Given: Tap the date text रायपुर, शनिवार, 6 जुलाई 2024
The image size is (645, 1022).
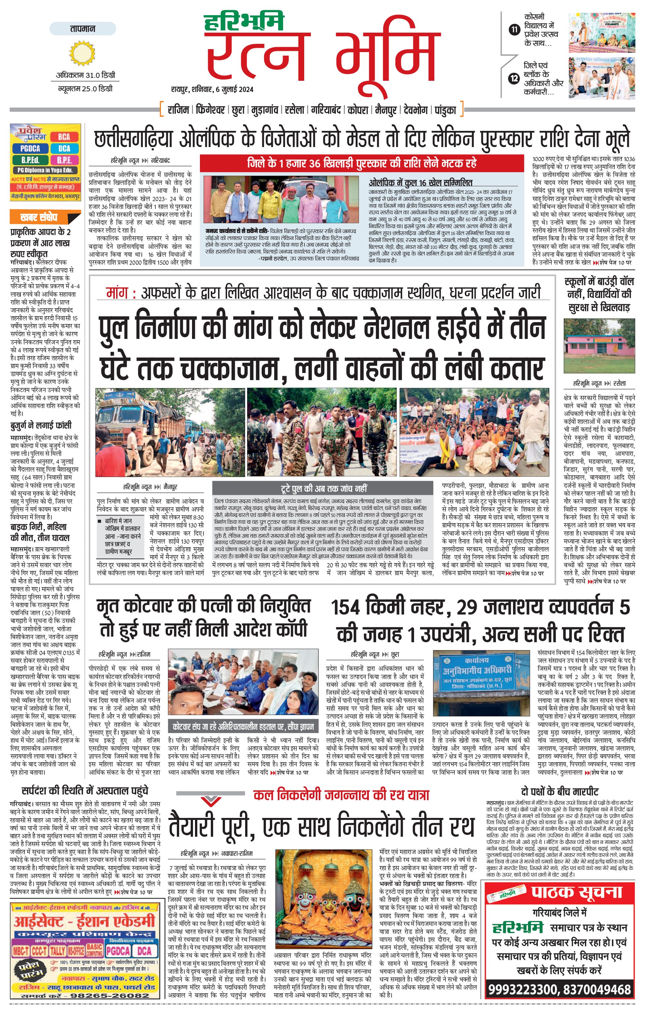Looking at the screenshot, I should tap(212, 90).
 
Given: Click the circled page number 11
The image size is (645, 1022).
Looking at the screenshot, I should tap(515, 30).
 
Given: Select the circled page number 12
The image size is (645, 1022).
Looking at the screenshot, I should tap(515, 78).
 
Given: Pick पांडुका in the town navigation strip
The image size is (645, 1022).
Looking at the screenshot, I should tap(445, 110).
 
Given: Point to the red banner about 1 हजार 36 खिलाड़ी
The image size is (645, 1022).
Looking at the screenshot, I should tap(361, 163).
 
